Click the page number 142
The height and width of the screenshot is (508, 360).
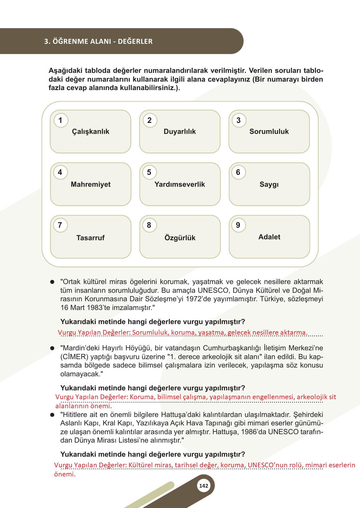[x=203, y=486]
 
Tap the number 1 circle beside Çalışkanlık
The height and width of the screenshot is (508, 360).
[x=60, y=120]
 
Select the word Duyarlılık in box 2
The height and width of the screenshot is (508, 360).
[x=180, y=131]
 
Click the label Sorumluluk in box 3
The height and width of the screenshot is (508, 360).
[x=269, y=131]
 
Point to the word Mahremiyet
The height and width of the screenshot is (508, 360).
[x=91, y=184]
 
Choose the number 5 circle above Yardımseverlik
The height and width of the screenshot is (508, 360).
[x=149, y=172]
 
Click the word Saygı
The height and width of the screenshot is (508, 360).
[x=269, y=184]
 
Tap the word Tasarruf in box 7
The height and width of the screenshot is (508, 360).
[x=90, y=238]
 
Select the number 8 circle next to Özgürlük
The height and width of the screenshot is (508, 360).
[x=149, y=225]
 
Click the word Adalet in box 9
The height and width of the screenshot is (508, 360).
[x=269, y=237]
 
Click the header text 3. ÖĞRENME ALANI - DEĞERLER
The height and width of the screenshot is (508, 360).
[x=99, y=41]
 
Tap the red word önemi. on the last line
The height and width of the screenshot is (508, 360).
[x=65, y=474]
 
